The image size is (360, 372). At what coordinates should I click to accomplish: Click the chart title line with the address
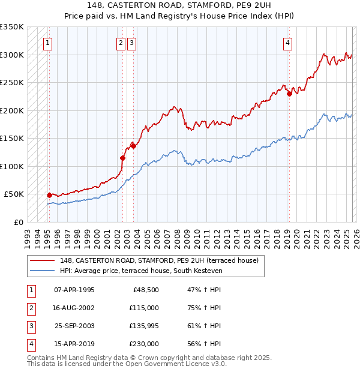click(x=179, y=6)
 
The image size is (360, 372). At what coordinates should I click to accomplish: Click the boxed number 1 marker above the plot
click(x=47, y=43)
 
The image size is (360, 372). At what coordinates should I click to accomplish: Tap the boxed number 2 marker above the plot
click(x=121, y=43)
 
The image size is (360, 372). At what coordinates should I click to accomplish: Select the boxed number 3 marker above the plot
click(x=131, y=43)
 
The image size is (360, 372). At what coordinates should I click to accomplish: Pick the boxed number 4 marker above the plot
click(x=288, y=43)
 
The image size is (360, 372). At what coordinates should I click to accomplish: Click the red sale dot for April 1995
click(x=49, y=195)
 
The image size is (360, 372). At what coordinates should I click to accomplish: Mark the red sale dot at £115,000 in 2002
click(x=122, y=158)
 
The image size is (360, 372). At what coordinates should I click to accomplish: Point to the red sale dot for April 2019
click(x=289, y=94)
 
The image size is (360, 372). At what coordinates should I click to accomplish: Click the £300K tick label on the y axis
click(x=12, y=55)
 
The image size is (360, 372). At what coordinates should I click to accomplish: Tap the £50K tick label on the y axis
click(x=14, y=194)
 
